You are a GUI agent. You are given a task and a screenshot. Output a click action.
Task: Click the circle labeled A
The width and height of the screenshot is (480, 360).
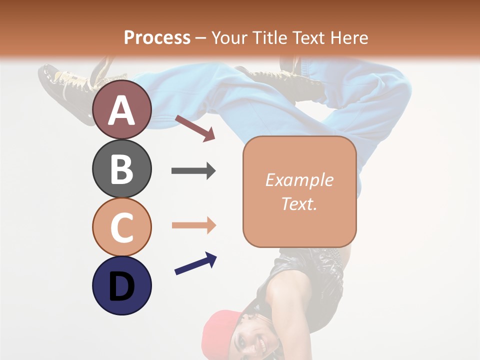[x=121, y=109]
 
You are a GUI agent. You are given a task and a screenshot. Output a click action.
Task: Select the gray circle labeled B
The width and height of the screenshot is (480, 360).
[x=121, y=168]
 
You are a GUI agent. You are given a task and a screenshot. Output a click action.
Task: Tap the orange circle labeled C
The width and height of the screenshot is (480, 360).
[x=121, y=226]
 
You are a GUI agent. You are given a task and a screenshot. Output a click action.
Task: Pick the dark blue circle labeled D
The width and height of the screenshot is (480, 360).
[x=121, y=285]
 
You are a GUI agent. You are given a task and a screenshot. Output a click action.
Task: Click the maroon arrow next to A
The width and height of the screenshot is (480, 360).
[x=195, y=128]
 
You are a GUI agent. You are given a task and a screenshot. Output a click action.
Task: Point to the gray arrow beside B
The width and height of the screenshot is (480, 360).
[x=193, y=171]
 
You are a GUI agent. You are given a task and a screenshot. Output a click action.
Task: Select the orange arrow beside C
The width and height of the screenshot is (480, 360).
[x=193, y=225]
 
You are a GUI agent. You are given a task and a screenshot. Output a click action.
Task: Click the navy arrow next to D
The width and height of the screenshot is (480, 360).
[x=195, y=263]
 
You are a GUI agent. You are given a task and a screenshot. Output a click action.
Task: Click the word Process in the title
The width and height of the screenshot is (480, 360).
[x=157, y=37]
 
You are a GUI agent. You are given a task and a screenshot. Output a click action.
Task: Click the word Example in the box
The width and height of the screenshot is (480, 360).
[x=299, y=180]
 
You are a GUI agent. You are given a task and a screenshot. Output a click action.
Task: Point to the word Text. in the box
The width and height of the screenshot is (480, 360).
[x=299, y=203]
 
